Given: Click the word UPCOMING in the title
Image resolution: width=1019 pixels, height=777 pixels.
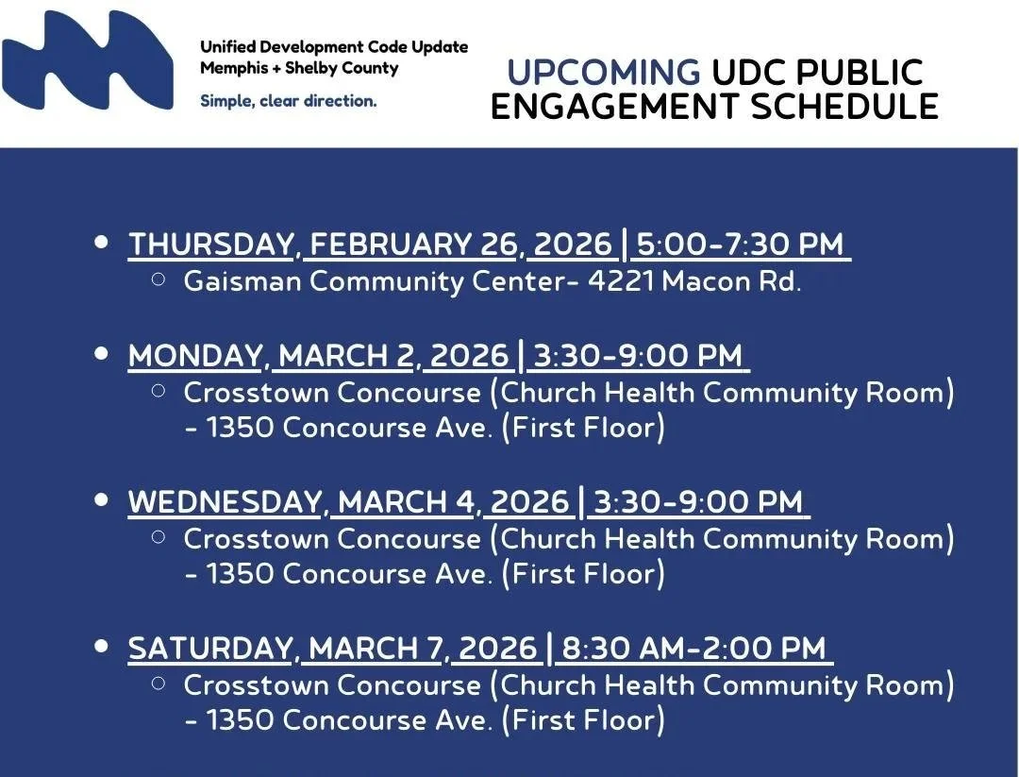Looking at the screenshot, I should coord(603,74).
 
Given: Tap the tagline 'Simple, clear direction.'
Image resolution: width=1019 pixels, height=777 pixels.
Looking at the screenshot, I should coord(288,101).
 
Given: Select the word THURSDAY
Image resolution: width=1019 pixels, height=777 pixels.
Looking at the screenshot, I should coord(210,245).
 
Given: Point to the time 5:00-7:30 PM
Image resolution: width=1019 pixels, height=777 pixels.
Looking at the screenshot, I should coord(740,245).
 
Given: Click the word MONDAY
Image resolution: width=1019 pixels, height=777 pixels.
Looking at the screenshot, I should coord(195,356).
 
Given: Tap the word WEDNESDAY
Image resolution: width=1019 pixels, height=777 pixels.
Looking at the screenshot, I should coord(225,502).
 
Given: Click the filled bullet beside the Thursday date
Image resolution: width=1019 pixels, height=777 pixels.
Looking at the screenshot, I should coord(102,244).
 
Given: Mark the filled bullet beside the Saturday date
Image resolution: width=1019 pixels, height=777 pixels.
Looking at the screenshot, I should coord(102,648).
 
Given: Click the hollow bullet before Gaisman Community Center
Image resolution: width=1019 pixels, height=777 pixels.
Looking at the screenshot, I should coord(159,279).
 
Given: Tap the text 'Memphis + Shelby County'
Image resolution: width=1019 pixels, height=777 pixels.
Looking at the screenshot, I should coord(299,68).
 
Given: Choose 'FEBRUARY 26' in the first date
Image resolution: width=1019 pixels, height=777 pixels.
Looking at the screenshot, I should coord(414,245).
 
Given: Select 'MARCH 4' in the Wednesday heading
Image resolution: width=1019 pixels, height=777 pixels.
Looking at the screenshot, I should coord(406,502).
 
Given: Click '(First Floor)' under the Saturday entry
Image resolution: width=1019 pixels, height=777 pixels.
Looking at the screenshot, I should coord(583,720).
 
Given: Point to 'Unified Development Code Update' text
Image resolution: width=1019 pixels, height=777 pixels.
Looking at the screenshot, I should coord(333,46).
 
